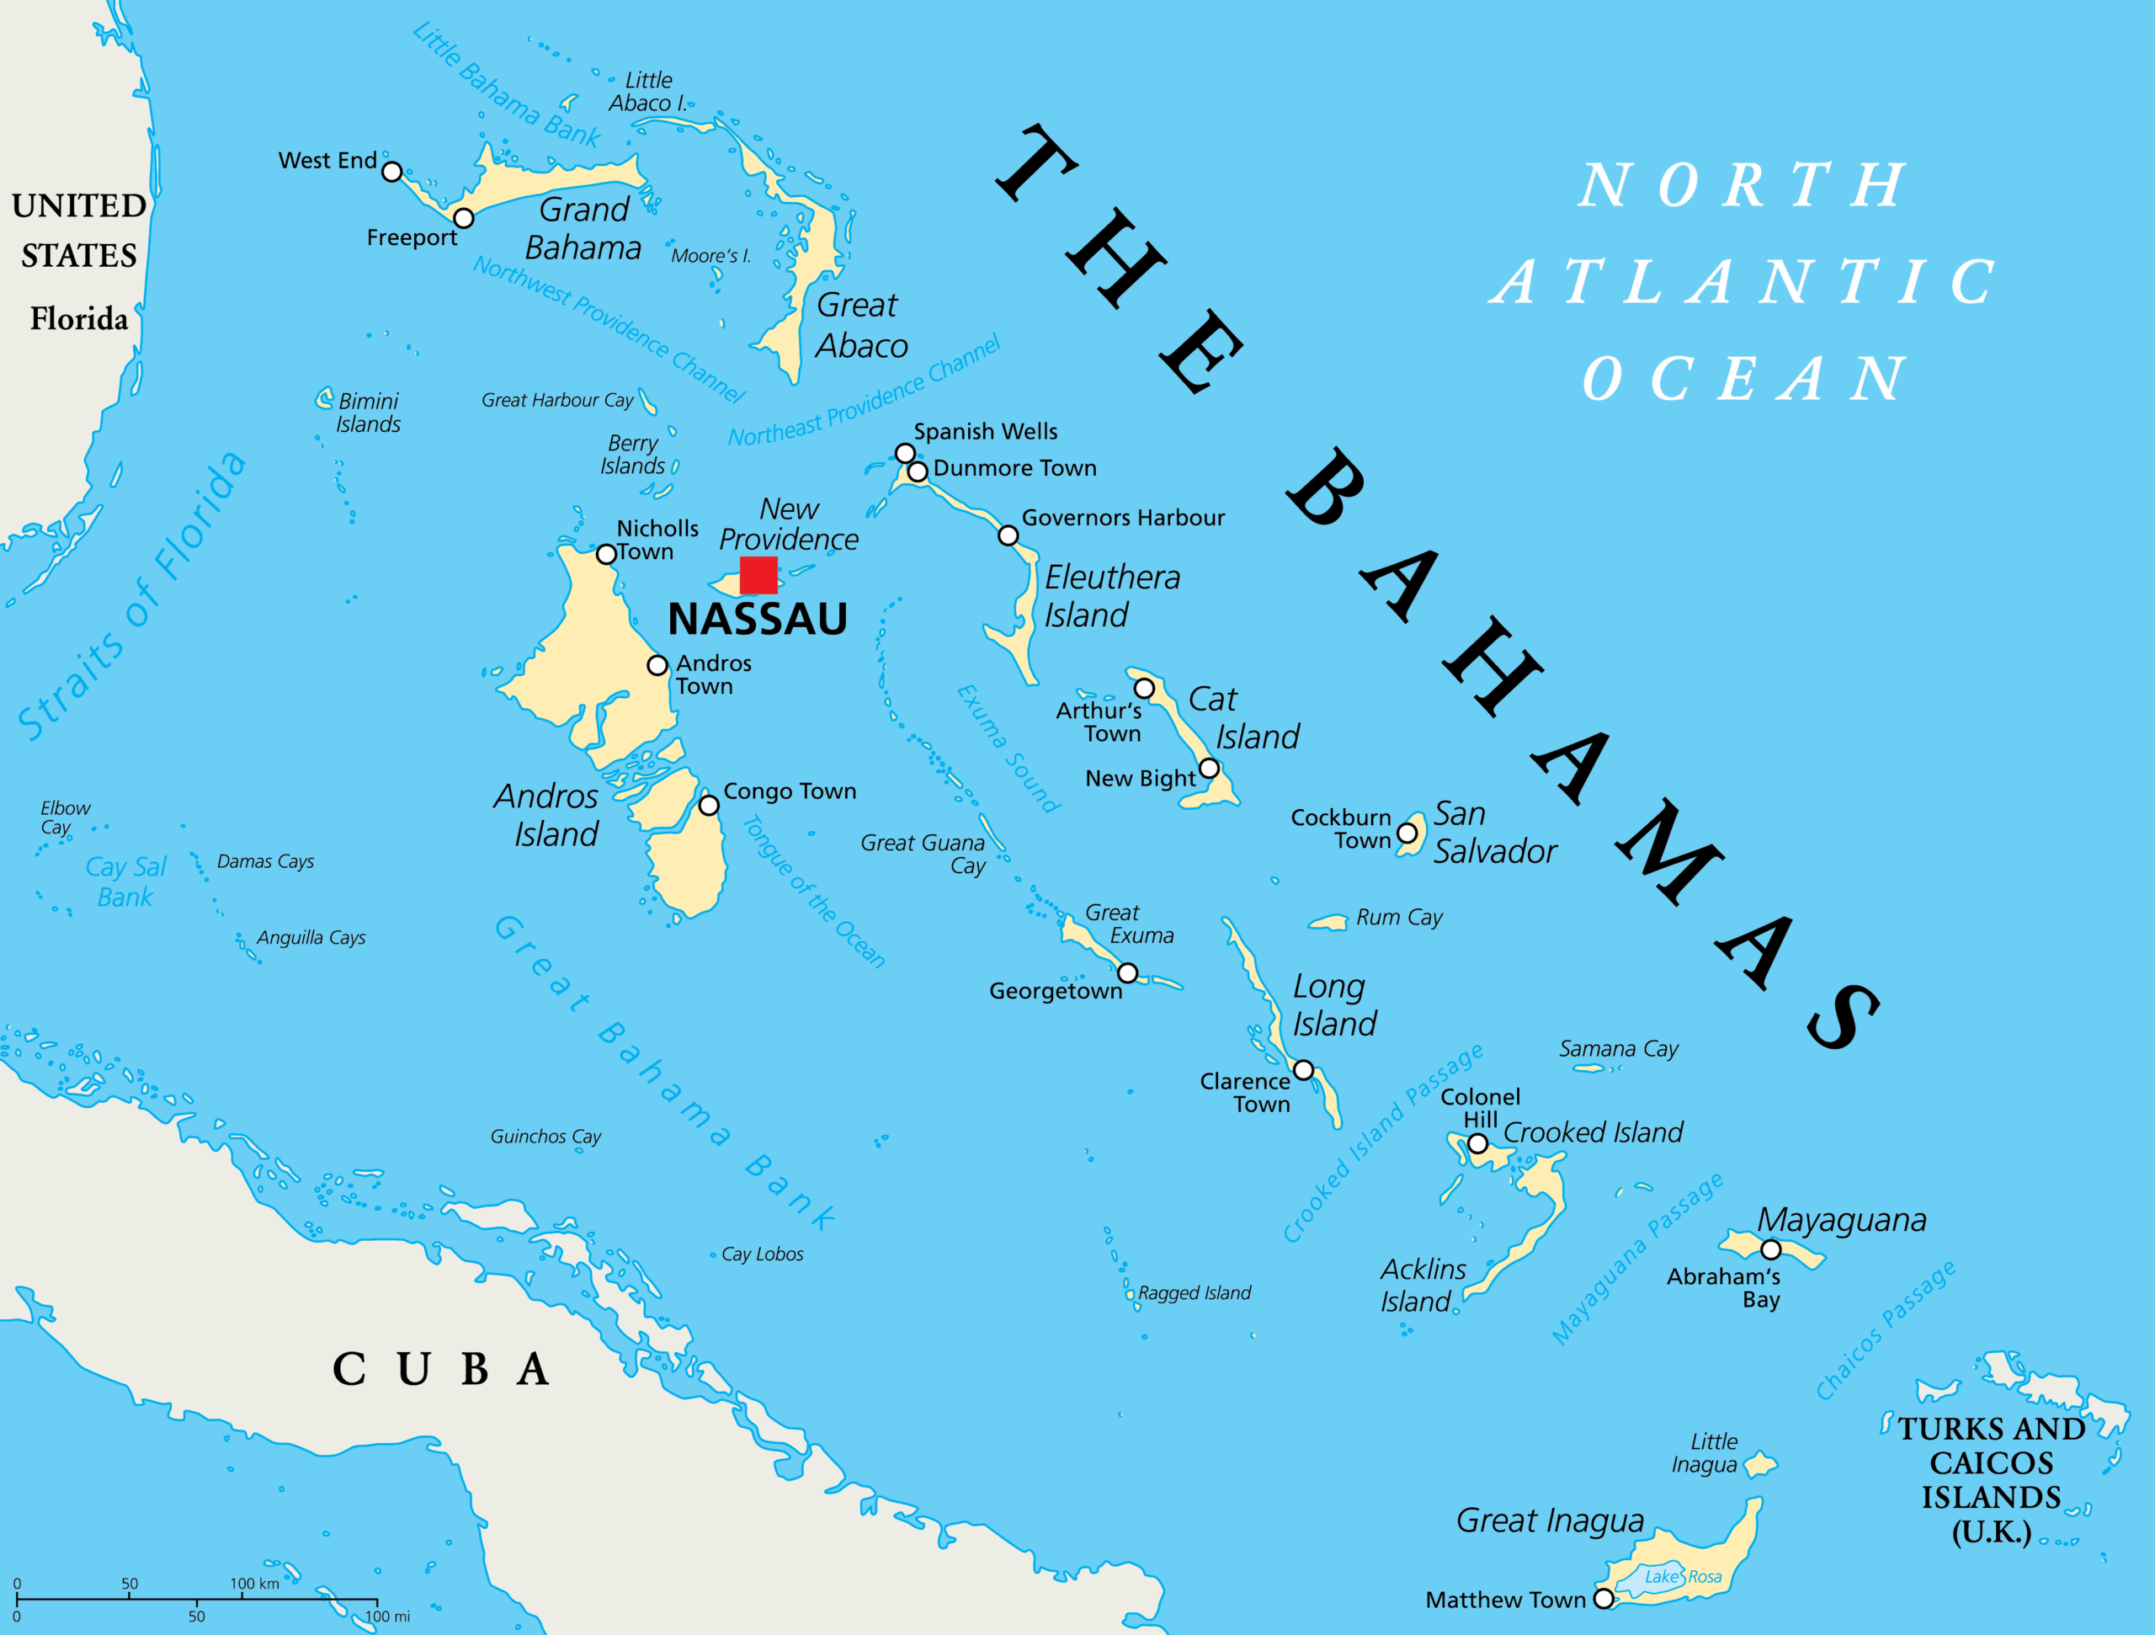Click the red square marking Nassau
pos(758,575)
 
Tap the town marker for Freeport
pos(464,218)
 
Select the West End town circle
pos(391,172)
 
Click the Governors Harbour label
pos(1122,518)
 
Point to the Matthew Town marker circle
pos(1604,1599)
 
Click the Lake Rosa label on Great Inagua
pos(1683,1577)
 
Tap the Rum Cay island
pos(1328,922)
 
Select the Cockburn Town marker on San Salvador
pos(1407,833)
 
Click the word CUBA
pos(441,1369)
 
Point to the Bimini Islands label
pos(367,413)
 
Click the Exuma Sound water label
pos(1008,748)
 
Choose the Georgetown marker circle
pos(1127,972)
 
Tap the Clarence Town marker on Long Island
pos(1303,1070)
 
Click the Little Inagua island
pos(1759,1463)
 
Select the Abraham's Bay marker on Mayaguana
pos(1771,1249)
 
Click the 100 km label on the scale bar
pos(254,1584)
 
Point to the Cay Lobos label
pos(762,1254)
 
